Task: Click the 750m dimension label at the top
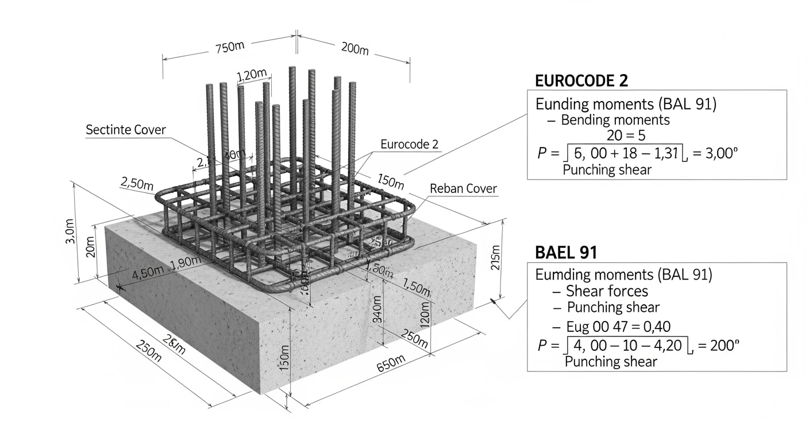229,47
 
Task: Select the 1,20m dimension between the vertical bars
252,75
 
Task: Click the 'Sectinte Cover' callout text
125,130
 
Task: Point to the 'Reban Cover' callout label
463,189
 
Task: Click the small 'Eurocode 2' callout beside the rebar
410,144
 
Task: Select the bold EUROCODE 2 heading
581,81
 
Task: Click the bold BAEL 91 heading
566,252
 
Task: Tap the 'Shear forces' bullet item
607,291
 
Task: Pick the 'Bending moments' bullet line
615,120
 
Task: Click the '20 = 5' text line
626,136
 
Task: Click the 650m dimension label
391,364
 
